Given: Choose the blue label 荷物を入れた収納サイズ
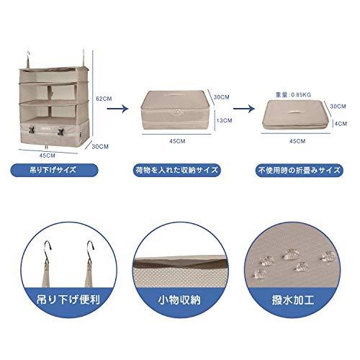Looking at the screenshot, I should (x=177, y=172).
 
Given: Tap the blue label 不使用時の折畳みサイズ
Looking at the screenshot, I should (x=297, y=172).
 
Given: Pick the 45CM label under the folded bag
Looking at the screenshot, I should (x=295, y=142).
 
